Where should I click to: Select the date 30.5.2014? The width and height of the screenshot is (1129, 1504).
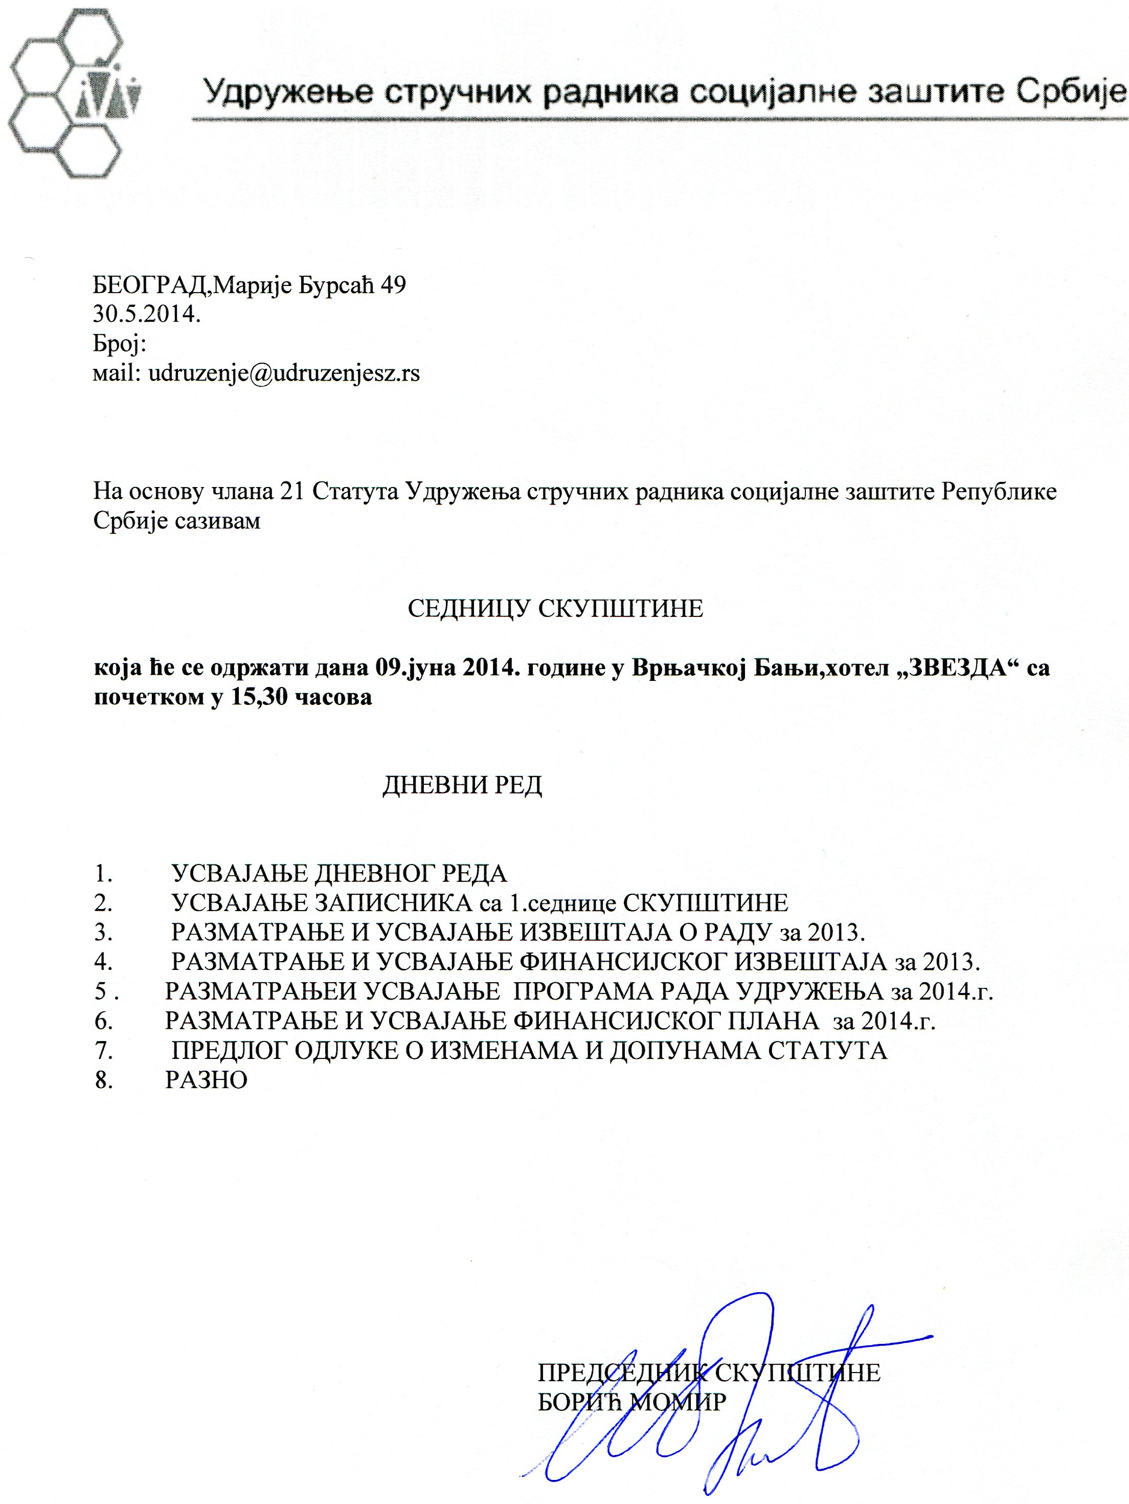tap(147, 315)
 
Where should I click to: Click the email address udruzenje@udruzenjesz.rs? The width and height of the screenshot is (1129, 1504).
tap(283, 373)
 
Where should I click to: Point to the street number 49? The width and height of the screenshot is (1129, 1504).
tap(393, 285)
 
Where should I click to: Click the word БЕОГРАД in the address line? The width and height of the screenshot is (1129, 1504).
tap(149, 285)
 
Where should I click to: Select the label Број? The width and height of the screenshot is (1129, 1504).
tap(120, 344)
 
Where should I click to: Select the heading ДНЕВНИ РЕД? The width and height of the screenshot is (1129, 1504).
tap(462, 785)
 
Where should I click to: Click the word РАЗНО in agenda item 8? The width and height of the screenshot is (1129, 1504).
tap(206, 1080)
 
